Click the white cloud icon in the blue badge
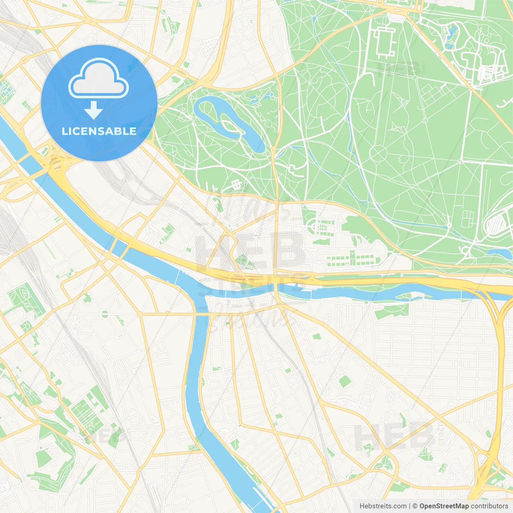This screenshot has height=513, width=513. pos(99,79)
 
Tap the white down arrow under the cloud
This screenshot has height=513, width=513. pos(94,110)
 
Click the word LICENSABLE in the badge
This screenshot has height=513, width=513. pos(99,131)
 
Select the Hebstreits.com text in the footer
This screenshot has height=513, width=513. pos(383,506)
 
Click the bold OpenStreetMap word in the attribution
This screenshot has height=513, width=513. pos(444,506)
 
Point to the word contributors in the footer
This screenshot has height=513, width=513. pos(489,506)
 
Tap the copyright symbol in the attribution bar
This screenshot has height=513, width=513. pos(415,506)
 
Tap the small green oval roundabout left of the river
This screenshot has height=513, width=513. pos(105,314)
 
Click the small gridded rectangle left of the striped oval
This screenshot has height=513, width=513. pos(467,218)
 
